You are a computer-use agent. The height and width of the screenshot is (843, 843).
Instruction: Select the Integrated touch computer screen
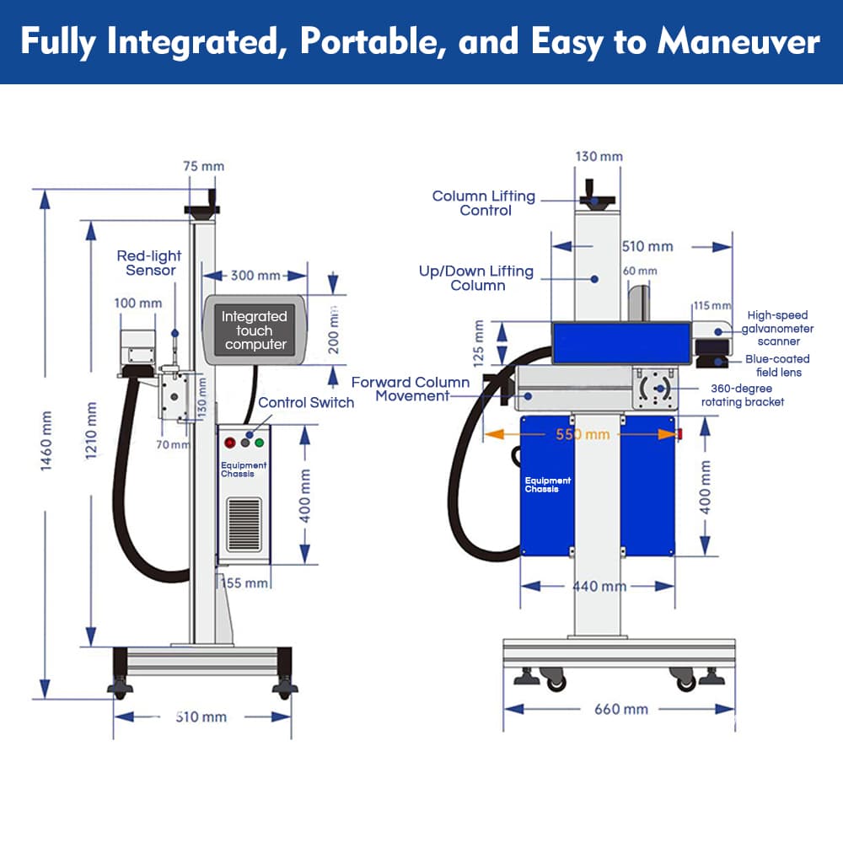coord(255,330)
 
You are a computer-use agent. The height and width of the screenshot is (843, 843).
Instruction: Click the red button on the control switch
coord(230,441)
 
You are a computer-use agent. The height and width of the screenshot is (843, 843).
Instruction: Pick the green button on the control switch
coord(259,441)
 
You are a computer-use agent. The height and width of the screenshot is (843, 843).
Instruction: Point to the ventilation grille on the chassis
coord(244,524)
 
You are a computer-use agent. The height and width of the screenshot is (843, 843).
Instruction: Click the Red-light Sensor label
coord(149,263)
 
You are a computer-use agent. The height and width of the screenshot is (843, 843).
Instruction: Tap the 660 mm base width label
coord(621,709)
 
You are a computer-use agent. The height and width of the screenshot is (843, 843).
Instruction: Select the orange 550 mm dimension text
coord(583,435)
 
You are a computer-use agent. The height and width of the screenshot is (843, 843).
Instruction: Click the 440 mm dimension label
coord(599,586)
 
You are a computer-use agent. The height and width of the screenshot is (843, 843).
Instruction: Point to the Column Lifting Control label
coord(484,203)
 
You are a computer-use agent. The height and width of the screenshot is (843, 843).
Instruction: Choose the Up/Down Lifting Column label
coord(476,278)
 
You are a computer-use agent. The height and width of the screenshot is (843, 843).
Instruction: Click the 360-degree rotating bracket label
coord(743,395)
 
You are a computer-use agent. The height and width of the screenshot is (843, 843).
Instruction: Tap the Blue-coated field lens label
coord(777,366)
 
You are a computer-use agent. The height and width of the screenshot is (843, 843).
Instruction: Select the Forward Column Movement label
coord(411,389)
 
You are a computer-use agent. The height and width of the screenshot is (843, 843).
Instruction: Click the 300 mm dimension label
coord(255,276)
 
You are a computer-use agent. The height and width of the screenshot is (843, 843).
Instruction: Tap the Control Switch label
coord(306,403)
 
